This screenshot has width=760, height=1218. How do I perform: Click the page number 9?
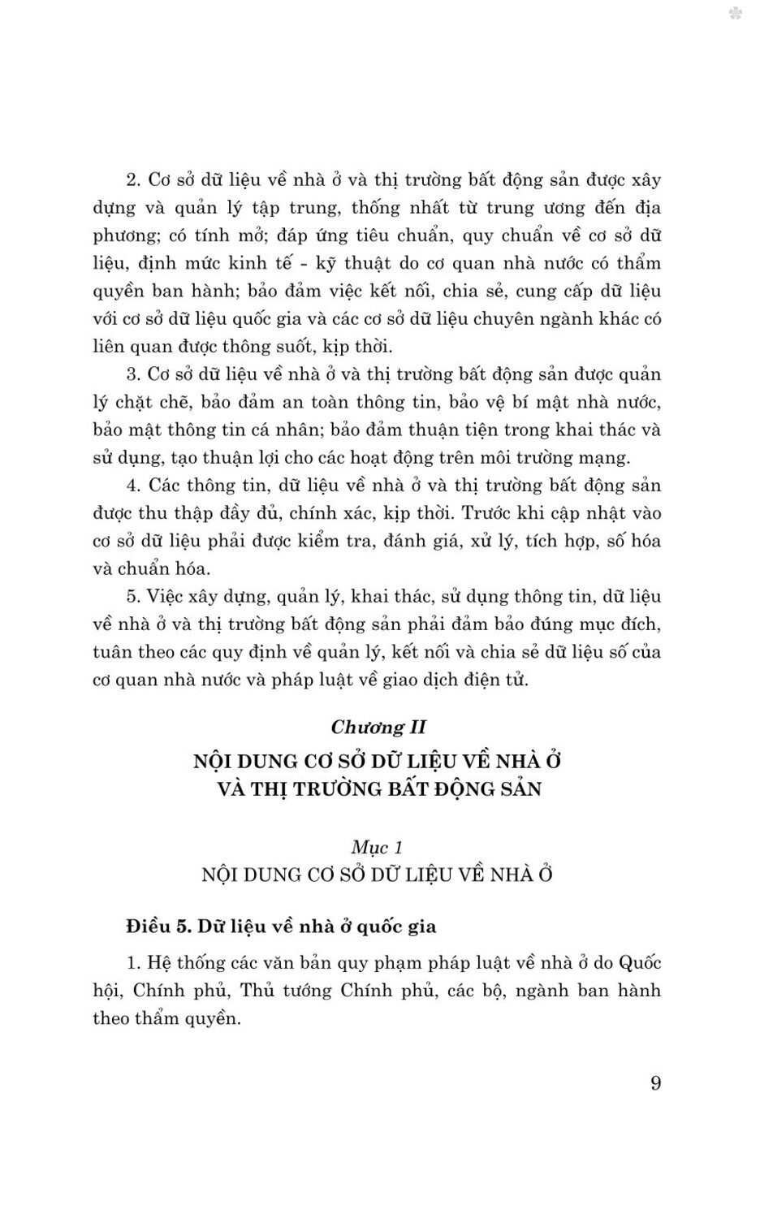coord(656,1083)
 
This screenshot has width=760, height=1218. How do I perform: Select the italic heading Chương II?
coord(378,727)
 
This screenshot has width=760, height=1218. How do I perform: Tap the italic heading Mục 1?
coord(378,847)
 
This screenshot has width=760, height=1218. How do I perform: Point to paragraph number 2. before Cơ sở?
coord(134,180)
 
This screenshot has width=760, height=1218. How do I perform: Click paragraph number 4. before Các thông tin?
coord(134,486)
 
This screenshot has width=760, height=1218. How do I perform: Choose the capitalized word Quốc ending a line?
coord(639,963)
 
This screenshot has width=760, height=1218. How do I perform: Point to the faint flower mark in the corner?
coord(736,14)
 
